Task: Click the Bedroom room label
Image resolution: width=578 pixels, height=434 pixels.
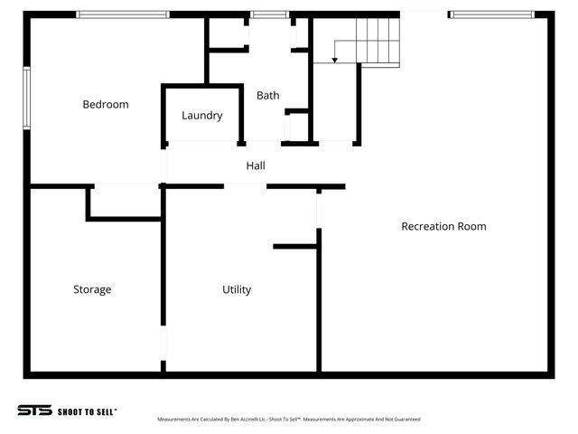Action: (106, 105)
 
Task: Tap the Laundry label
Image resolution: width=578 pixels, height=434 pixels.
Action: (201, 116)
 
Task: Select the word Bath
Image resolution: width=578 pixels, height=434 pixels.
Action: (268, 95)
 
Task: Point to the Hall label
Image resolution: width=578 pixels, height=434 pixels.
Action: (256, 166)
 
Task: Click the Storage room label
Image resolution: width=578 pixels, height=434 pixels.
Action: (92, 290)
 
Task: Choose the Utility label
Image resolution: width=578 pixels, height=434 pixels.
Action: (237, 290)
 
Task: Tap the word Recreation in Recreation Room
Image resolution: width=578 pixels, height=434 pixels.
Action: (427, 227)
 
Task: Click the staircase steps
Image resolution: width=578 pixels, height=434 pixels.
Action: (377, 41)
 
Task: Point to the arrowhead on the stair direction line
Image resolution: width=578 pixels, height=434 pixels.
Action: (334, 61)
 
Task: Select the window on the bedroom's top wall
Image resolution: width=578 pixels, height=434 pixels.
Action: (122, 14)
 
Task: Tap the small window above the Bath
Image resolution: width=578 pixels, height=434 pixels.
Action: (269, 14)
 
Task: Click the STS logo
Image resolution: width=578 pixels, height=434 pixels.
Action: (34, 410)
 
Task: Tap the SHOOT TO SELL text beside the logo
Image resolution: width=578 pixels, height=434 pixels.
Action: (87, 411)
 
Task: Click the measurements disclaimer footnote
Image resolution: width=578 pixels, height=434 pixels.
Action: (288, 420)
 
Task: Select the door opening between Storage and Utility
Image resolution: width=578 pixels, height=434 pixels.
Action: (163, 344)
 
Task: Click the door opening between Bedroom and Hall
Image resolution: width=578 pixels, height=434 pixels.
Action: (163, 165)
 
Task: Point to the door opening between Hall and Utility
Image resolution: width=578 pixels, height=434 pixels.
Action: (245, 186)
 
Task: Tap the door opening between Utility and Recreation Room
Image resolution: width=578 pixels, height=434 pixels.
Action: (319, 209)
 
